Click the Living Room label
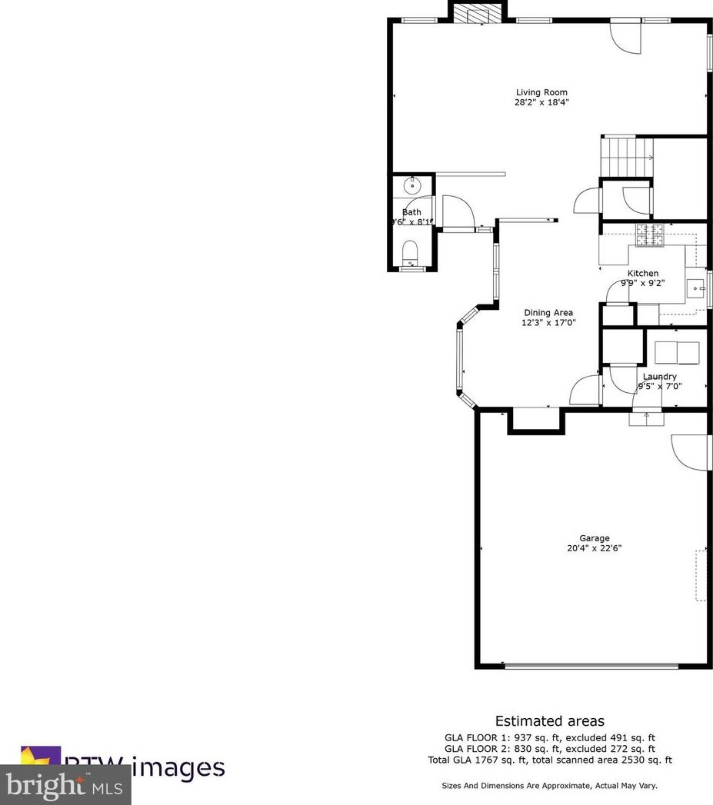click(541, 92)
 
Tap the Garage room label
click(594, 538)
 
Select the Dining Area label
click(548, 312)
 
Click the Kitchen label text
click(643, 273)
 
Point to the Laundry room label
click(659, 377)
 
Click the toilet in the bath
click(410, 251)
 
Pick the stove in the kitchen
click(649, 235)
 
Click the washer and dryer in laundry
click(677, 352)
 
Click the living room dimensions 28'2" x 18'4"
click(541, 102)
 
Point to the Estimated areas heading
click(549, 721)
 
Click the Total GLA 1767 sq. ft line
click(550, 760)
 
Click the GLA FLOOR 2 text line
click(550, 749)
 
